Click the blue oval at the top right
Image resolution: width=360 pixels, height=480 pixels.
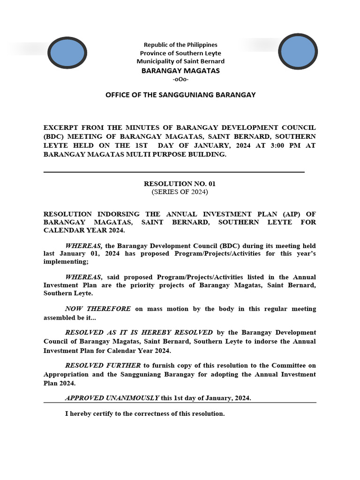[x=298, y=51]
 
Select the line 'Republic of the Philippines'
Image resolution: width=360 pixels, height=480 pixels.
[x=180, y=45]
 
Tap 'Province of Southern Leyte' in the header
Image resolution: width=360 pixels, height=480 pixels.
[x=180, y=53]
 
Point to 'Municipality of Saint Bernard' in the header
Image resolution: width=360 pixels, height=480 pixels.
[x=180, y=61]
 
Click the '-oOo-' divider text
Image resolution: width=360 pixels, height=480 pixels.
[x=180, y=79]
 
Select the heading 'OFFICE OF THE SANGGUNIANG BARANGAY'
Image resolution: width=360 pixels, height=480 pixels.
[x=180, y=95]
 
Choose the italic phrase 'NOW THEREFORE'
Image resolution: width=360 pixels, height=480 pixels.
[x=98, y=309]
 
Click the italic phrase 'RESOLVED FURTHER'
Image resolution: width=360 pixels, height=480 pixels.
[x=103, y=366]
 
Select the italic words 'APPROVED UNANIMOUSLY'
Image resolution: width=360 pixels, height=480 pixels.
[x=112, y=398]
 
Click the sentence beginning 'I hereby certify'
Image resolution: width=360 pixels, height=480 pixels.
[x=145, y=414]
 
